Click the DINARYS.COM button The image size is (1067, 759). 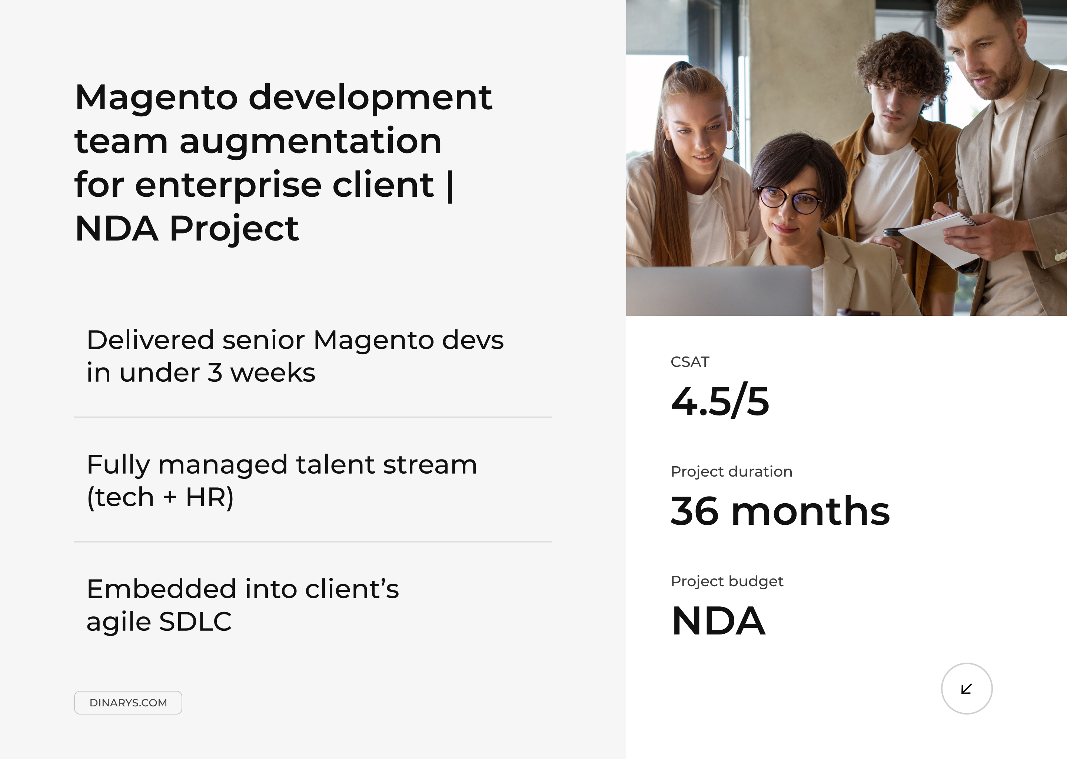click(x=128, y=702)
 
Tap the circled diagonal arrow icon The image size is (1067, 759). click(x=967, y=689)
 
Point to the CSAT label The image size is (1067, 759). click(x=689, y=362)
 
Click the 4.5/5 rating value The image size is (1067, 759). click(x=720, y=401)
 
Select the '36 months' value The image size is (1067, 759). click(x=780, y=511)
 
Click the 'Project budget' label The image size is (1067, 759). click(x=727, y=581)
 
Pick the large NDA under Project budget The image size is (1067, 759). click(x=718, y=621)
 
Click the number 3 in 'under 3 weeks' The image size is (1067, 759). click(x=215, y=373)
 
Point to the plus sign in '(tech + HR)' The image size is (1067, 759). click(x=170, y=497)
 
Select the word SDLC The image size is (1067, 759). click(x=195, y=622)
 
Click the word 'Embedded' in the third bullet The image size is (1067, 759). click(x=161, y=589)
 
